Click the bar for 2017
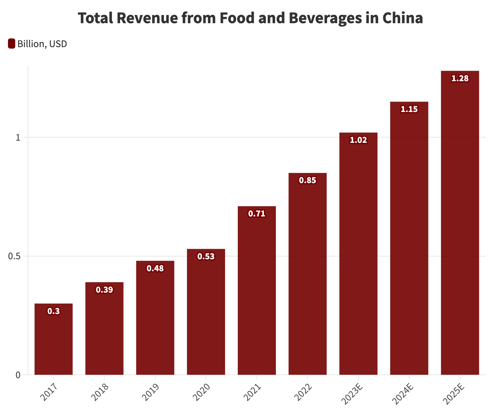(x=54, y=339)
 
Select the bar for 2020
(x=206, y=312)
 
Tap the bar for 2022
(x=307, y=274)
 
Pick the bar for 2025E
(x=460, y=223)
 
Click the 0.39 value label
(x=104, y=290)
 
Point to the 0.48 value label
(x=155, y=268)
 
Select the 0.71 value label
(x=257, y=214)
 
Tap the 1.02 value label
(x=358, y=140)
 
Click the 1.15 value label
(x=409, y=109)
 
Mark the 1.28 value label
(x=460, y=78)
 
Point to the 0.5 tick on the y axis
(x=14, y=256)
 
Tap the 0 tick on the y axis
(x=18, y=375)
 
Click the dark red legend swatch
(x=12, y=44)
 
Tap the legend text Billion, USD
(x=42, y=44)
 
